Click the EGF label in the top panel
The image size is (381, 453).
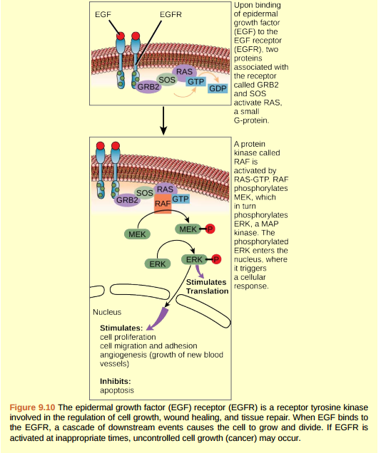click(103, 14)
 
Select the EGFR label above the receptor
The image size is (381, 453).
click(171, 14)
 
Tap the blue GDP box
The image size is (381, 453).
click(217, 88)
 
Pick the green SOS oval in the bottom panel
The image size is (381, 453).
click(145, 192)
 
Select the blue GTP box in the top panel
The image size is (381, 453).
click(196, 82)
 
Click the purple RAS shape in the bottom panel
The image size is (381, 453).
click(165, 189)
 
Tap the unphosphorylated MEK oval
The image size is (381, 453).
click(136, 234)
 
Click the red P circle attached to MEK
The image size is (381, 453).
click(210, 229)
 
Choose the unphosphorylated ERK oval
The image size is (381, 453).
click(157, 264)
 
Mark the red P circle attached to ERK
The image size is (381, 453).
click(217, 260)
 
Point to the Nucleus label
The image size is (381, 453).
click(107, 312)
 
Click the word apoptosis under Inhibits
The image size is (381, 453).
click(118, 390)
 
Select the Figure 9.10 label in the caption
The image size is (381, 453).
click(33, 407)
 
